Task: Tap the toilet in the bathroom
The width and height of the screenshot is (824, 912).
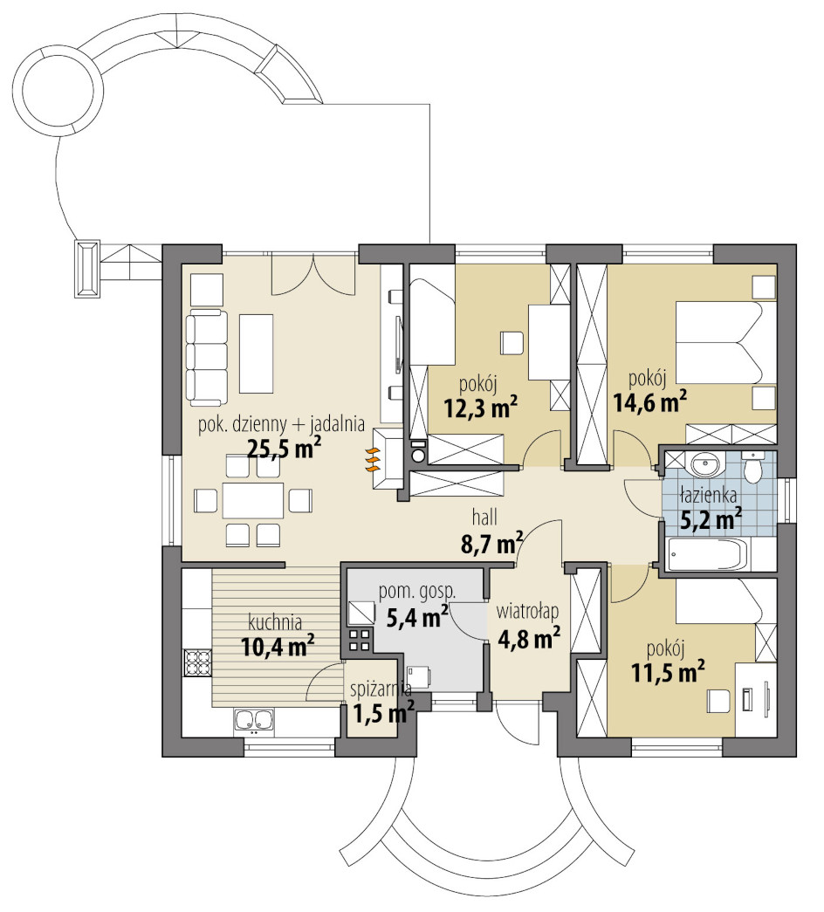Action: pyautogui.click(x=752, y=467)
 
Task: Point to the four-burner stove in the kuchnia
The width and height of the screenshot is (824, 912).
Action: pyautogui.click(x=197, y=662)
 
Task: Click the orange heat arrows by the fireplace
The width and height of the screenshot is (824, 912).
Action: pyautogui.click(x=373, y=459)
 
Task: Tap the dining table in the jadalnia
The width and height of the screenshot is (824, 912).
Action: pyautogui.click(x=253, y=500)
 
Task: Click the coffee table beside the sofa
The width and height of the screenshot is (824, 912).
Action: pyautogui.click(x=256, y=353)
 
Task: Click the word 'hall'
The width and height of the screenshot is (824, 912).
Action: pyautogui.click(x=484, y=517)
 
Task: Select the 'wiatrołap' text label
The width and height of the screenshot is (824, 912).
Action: pyautogui.click(x=527, y=612)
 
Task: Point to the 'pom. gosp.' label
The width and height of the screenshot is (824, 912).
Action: pyautogui.click(x=417, y=592)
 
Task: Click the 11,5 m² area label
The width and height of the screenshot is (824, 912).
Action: pyautogui.click(x=668, y=672)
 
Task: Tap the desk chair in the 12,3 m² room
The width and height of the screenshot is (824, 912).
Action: pyautogui.click(x=512, y=343)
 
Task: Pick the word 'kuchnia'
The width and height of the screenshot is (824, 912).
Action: pyautogui.click(x=275, y=623)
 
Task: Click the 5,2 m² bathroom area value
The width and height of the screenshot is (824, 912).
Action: pyautogui.click(x=711, y=518)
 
